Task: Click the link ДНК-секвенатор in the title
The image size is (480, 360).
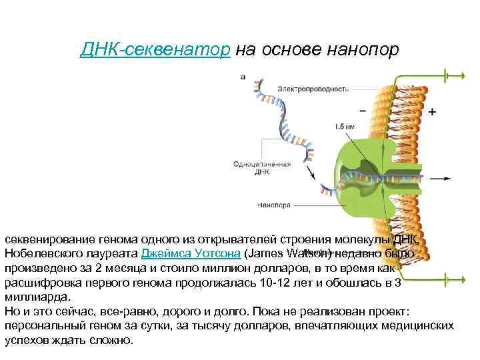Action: coord(155,50)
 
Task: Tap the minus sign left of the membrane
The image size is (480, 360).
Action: coord(363,111)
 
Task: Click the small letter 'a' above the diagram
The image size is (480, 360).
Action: coord(243,77)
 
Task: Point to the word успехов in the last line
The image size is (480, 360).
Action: coord(26,339)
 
